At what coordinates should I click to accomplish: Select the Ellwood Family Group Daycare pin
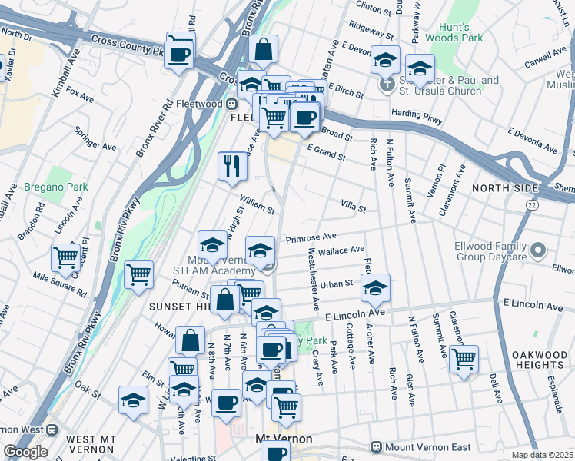[538, 250]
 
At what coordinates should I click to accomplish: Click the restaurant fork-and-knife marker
[231, 166]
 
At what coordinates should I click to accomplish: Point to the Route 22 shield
[532, 205]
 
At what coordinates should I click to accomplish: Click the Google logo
[25, 452]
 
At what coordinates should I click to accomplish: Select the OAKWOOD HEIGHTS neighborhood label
[543, 360]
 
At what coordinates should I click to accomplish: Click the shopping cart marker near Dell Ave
[464, 358]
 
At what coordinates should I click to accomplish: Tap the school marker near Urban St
[375, 289]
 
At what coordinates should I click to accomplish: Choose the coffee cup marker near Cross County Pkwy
[179, 55]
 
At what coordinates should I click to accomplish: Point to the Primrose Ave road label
[311, 238]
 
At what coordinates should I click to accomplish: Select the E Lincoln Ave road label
[354, 314]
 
